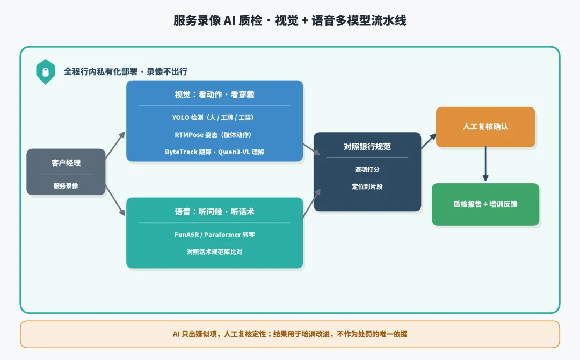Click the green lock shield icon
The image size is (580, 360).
pyautogui.click(x=46, y=72)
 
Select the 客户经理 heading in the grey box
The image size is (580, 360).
pyautogui.click(x=66, y=163)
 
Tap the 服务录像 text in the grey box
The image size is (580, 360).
pyautogui.click(x=66, y=186)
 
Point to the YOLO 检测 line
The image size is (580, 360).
pyautogui.click(x=213, y=117)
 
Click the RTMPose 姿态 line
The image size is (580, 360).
pyautogui.click(x=213, y=135)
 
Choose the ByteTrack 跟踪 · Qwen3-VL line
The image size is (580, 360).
pyautogui.click(x=214, y=152)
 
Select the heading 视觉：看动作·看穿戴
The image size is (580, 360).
pyautogui.click(x=214, y=95)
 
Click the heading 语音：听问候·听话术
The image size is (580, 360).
pyautogui.click(x=214, y=212)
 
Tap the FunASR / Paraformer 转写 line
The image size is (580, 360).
pyautogui.click(x=214, y=235)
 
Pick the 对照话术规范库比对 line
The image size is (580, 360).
pyautogui.click(x=214, y=252)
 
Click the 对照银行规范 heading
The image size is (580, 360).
pyautogui.click(x=367, y=147)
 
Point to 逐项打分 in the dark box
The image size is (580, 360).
pyautogui.click(x=367, y=169)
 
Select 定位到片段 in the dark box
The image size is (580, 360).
pyautogui.click(x=367, y=186)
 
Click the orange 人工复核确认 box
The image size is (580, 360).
pyautogui.click(x=485, y=127)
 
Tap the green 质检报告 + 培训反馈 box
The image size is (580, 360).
pyautogui.click(x=485, y=204)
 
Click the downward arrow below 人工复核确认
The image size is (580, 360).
pyautogui.click(x=485, y=163)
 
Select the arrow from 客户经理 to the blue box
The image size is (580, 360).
pyautogui.click(x=115, y=145)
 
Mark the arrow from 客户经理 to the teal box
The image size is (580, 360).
pyautogui.click(x=115, y=200)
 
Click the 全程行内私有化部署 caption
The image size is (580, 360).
pyautogui.click(x=126, y=72)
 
